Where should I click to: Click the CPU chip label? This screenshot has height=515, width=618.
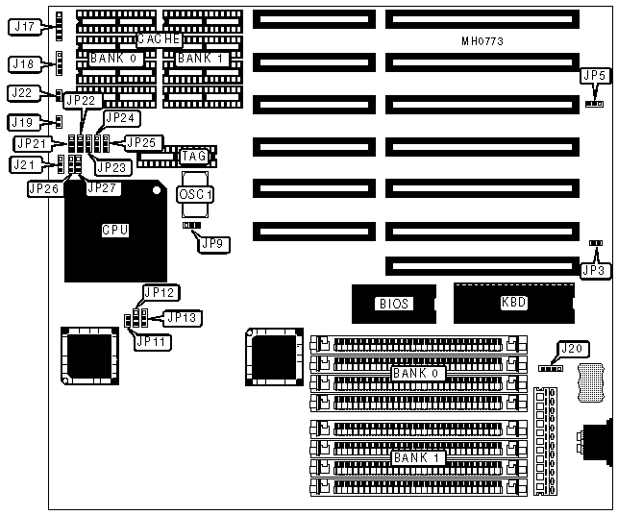115,231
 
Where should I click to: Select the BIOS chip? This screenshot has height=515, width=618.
393,304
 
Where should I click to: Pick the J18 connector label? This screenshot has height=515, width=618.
23,63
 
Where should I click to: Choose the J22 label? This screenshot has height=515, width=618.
23,93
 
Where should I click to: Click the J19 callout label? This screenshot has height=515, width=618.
23,122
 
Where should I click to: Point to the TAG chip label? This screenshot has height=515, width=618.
194,155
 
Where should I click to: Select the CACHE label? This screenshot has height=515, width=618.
159,39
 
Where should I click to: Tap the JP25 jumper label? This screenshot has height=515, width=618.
140,142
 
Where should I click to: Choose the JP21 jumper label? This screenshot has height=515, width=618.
31,143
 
